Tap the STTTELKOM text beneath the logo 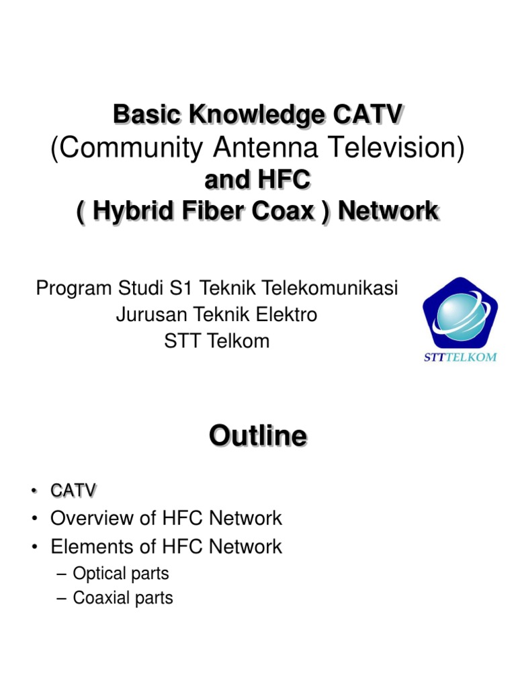[x=460, y=357]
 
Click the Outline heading [x=258, y=436]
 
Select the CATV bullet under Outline [x=73, y=491]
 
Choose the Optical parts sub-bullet [x=120, y=573]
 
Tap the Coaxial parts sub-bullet [x=122, y=597]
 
